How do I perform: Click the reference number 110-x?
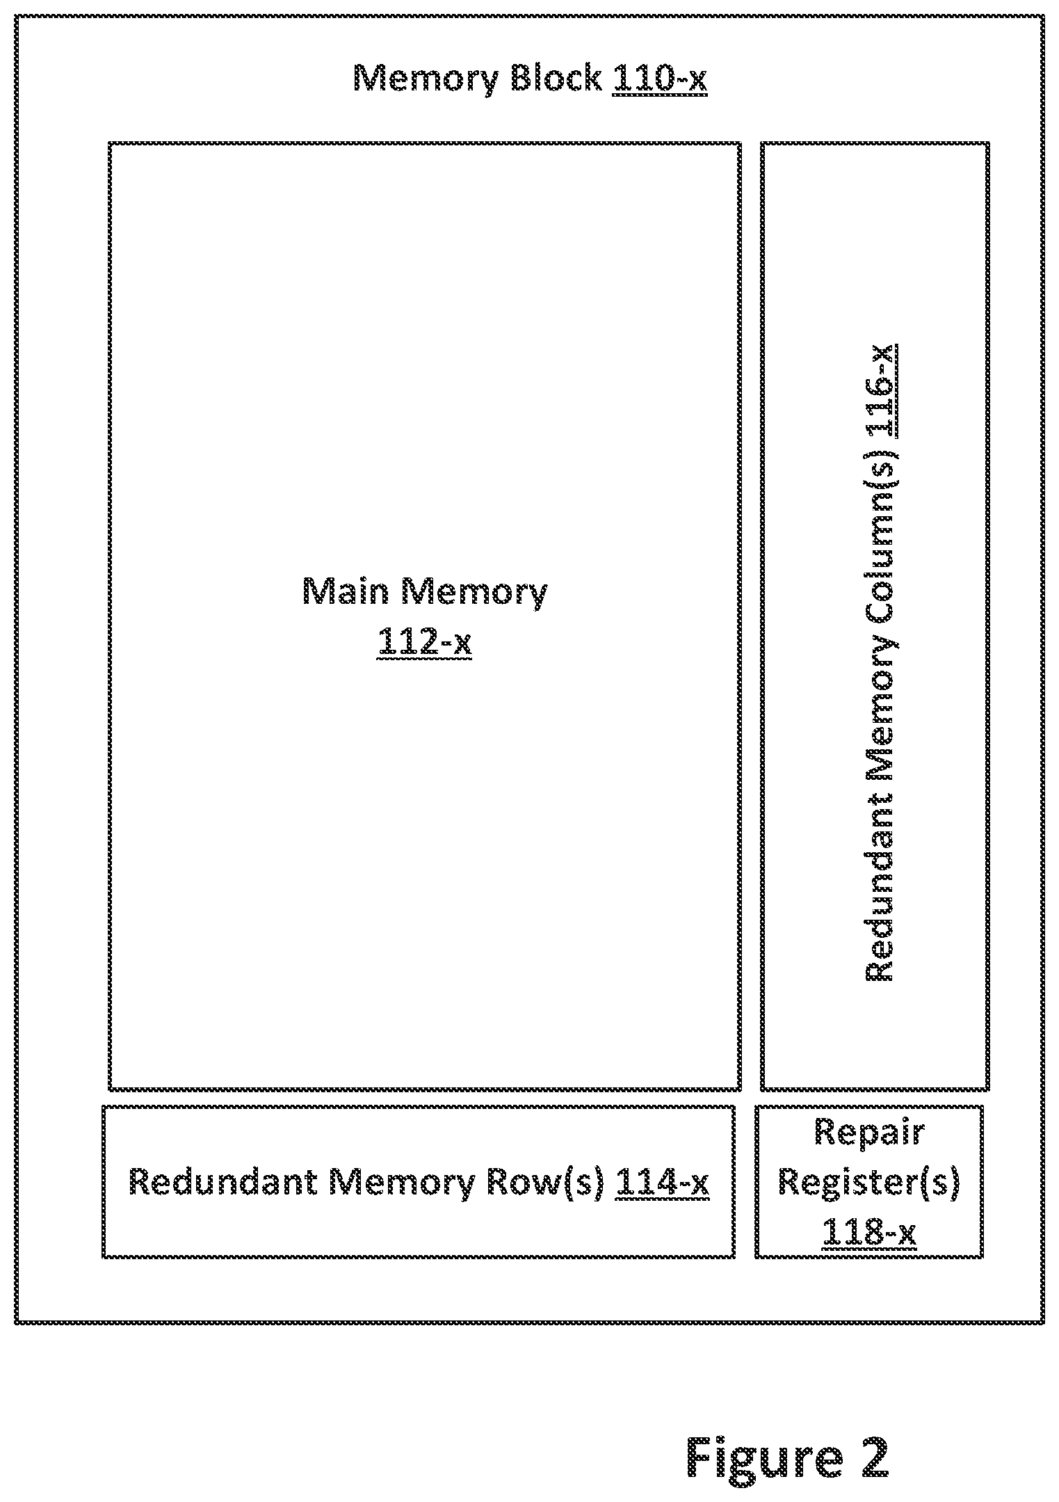pos(659,78)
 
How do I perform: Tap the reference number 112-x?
pos(425,641)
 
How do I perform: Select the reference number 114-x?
pos(663,1182)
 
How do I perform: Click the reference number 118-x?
pos(868,1233)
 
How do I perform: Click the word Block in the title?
pos(556,78)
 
